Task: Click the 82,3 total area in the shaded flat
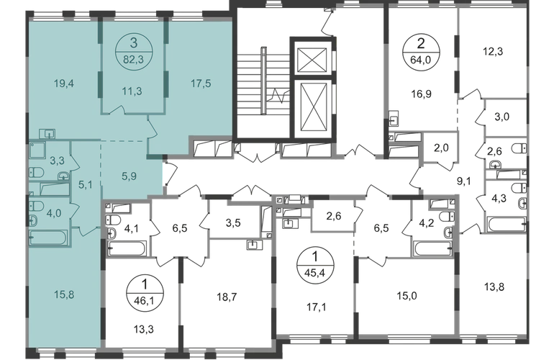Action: tap(133, 59)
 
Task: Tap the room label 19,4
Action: tap(64, 84)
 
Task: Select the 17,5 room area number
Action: tap(201, 84)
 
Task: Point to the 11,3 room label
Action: tap(132, 91)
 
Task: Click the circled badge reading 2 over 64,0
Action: tap(421, 52)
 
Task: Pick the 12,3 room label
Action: tap(493, 52)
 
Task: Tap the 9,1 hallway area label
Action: tap(464, 181)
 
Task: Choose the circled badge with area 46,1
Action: tap(144, 292)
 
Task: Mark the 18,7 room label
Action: tap(227, 297)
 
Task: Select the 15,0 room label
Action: tap(407, 296)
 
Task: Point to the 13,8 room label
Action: tap(494, 287)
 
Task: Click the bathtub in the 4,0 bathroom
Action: tap(48, 238)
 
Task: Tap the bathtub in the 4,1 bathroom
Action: tap(127, 248)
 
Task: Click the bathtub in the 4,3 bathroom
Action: tap(507, 223)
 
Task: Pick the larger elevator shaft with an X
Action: tap(312, 108)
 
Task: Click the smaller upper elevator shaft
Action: tap(312, 60)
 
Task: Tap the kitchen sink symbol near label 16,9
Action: tap(394, 119)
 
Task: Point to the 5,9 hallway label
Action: tap(129, 176)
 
